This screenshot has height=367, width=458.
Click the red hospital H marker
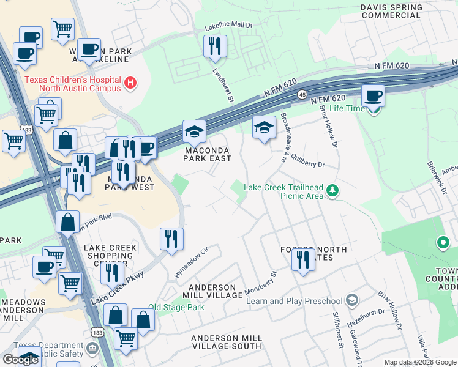pos(130,83)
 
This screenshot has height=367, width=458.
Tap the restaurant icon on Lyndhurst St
pos(215,47)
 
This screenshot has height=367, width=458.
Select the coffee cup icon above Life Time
pos(373,97)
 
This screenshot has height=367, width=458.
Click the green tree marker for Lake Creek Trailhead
pos(332,191)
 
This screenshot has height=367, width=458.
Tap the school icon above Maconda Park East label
pos(195,132)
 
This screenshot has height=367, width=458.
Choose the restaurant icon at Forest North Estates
pos(303,260)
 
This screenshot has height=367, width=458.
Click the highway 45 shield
pos(302,94)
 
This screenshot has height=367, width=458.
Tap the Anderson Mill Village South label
pos(227,342)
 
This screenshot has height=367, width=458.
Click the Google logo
pos(20,360)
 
